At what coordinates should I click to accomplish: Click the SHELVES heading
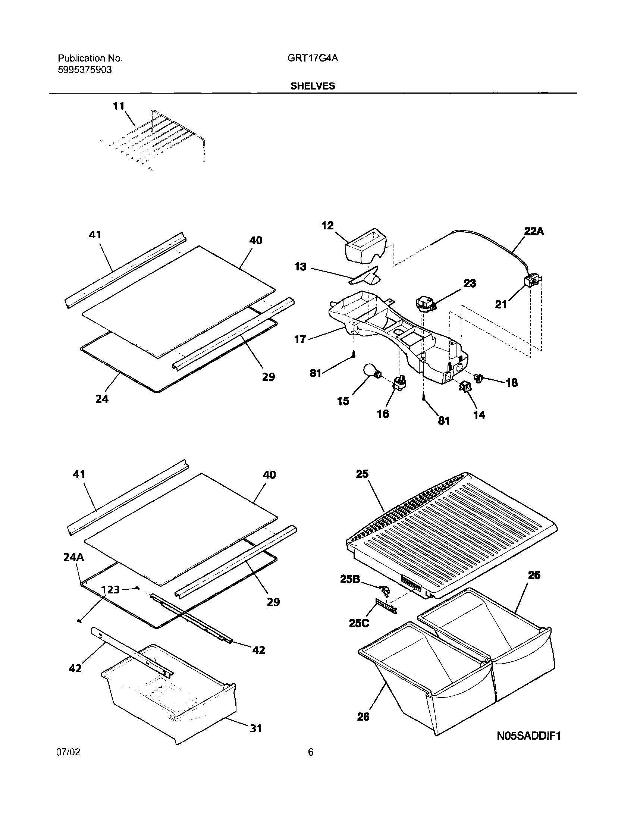[x=313, y=86]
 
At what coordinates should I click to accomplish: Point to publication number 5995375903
[x=85, y=70]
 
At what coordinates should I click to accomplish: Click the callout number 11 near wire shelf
[x=118, y=106]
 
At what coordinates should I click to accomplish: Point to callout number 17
[x=300, y=339]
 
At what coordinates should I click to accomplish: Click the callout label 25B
[x=350, y=579]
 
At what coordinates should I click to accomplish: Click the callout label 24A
[x=73, y=558]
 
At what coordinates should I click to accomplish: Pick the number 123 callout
[x=110, y=590]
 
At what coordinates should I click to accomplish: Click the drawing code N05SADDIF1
[x=529, y=736]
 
